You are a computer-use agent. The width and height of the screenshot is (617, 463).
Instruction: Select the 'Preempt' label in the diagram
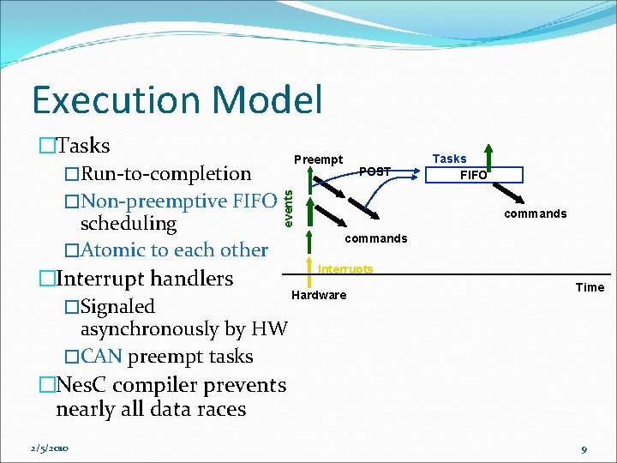pos(318,159)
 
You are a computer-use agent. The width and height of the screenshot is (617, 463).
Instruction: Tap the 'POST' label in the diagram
pos(374,171)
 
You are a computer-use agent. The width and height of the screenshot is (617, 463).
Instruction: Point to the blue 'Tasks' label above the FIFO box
pos(449,159)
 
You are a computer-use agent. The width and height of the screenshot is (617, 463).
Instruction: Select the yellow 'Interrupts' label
pos(345,269)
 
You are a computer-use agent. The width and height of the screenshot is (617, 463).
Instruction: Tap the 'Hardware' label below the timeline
pos(319,295)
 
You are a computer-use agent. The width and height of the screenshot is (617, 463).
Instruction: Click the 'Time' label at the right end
pos(590,287)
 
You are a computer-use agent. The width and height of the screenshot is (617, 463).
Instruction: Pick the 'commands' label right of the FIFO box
pos(535,213)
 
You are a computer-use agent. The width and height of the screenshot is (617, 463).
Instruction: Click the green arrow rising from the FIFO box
pos(488,156)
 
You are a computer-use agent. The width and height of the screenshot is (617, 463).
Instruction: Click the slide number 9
pos(584,449)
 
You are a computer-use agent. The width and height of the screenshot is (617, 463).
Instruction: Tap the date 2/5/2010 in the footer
pos(49,448)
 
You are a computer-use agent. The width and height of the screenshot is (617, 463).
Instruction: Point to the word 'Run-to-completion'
pos(165,173)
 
